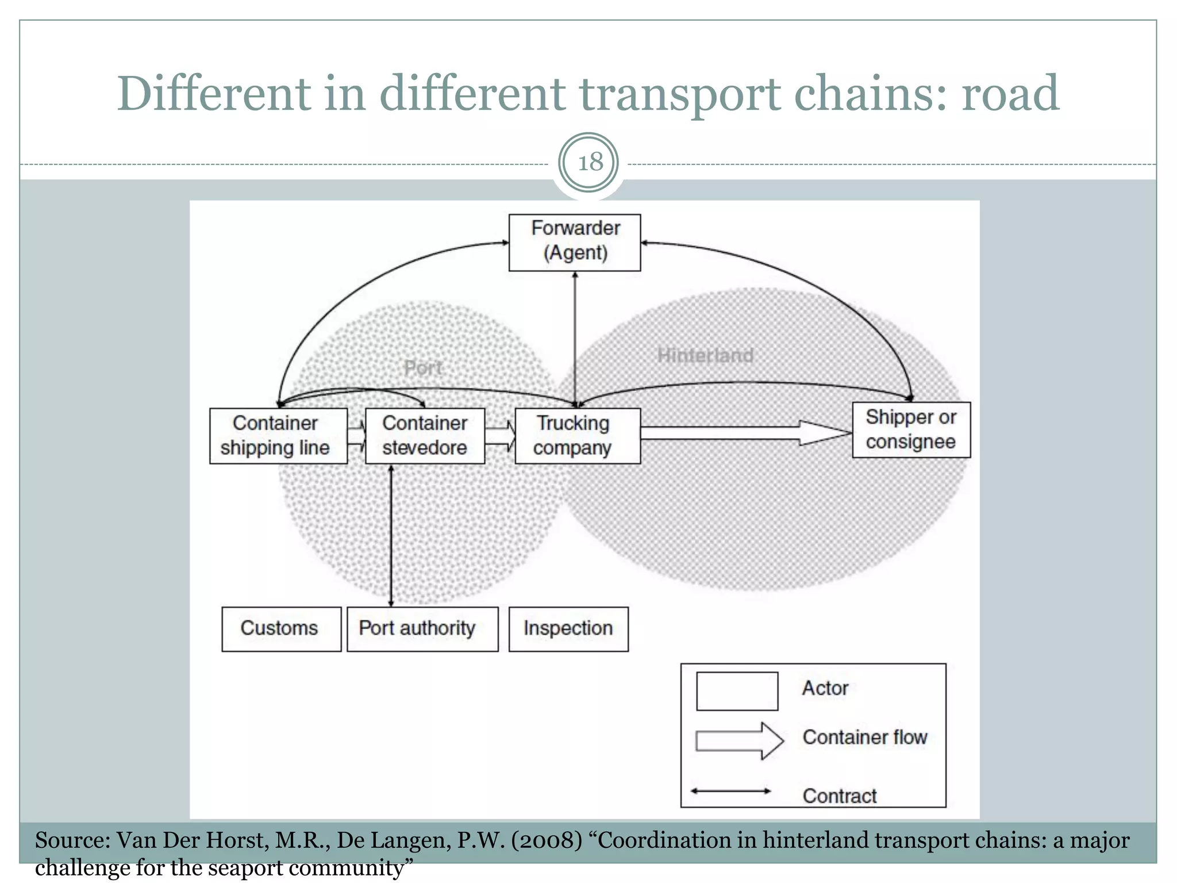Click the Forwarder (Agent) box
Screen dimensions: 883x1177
click(x=575, y=242)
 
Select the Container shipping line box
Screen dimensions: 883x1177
click(x=278, y=436)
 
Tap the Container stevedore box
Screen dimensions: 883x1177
click(x=425, y=436)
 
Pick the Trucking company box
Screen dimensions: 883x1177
click(x=578, y=436)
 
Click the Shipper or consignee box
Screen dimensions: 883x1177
click(x=911, y=430)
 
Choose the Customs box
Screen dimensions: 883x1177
click(x=281, y=629)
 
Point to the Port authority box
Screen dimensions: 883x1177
click(x=422, y=629)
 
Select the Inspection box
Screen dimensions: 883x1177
click(x=568, y=629)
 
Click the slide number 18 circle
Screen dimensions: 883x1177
click(x=588, y=163)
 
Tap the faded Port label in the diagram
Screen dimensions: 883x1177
click(x=423, y=368)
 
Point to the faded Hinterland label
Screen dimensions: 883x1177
click(x=705, y=355)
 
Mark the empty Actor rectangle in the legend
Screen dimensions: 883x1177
click(x=737, y=691)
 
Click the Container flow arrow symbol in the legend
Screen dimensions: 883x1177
click(x=739, y=740)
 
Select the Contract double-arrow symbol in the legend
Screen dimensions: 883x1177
click(x=730, y=791)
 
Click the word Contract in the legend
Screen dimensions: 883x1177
click(x=839, y=796)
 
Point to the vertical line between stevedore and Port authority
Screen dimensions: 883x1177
click(x=391, y=535)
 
